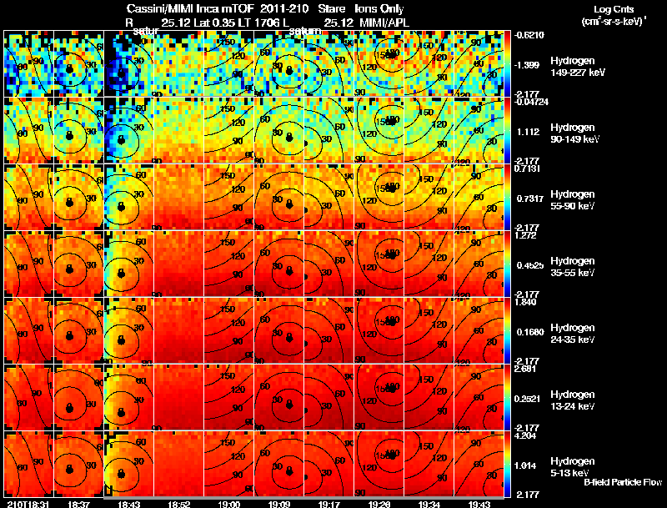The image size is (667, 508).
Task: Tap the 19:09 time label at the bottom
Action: pyautogui.click(x=278, y=504)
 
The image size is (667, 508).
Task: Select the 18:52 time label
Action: pyautogui.click(x=178, y=504)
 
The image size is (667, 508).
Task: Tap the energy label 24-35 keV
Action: pyautogui.click(x=573, y=340)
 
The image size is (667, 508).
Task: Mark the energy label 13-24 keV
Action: pyautogui.click(x=573, y=406)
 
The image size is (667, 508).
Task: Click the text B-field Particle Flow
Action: pyautogui.click(x=622, y=482)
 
